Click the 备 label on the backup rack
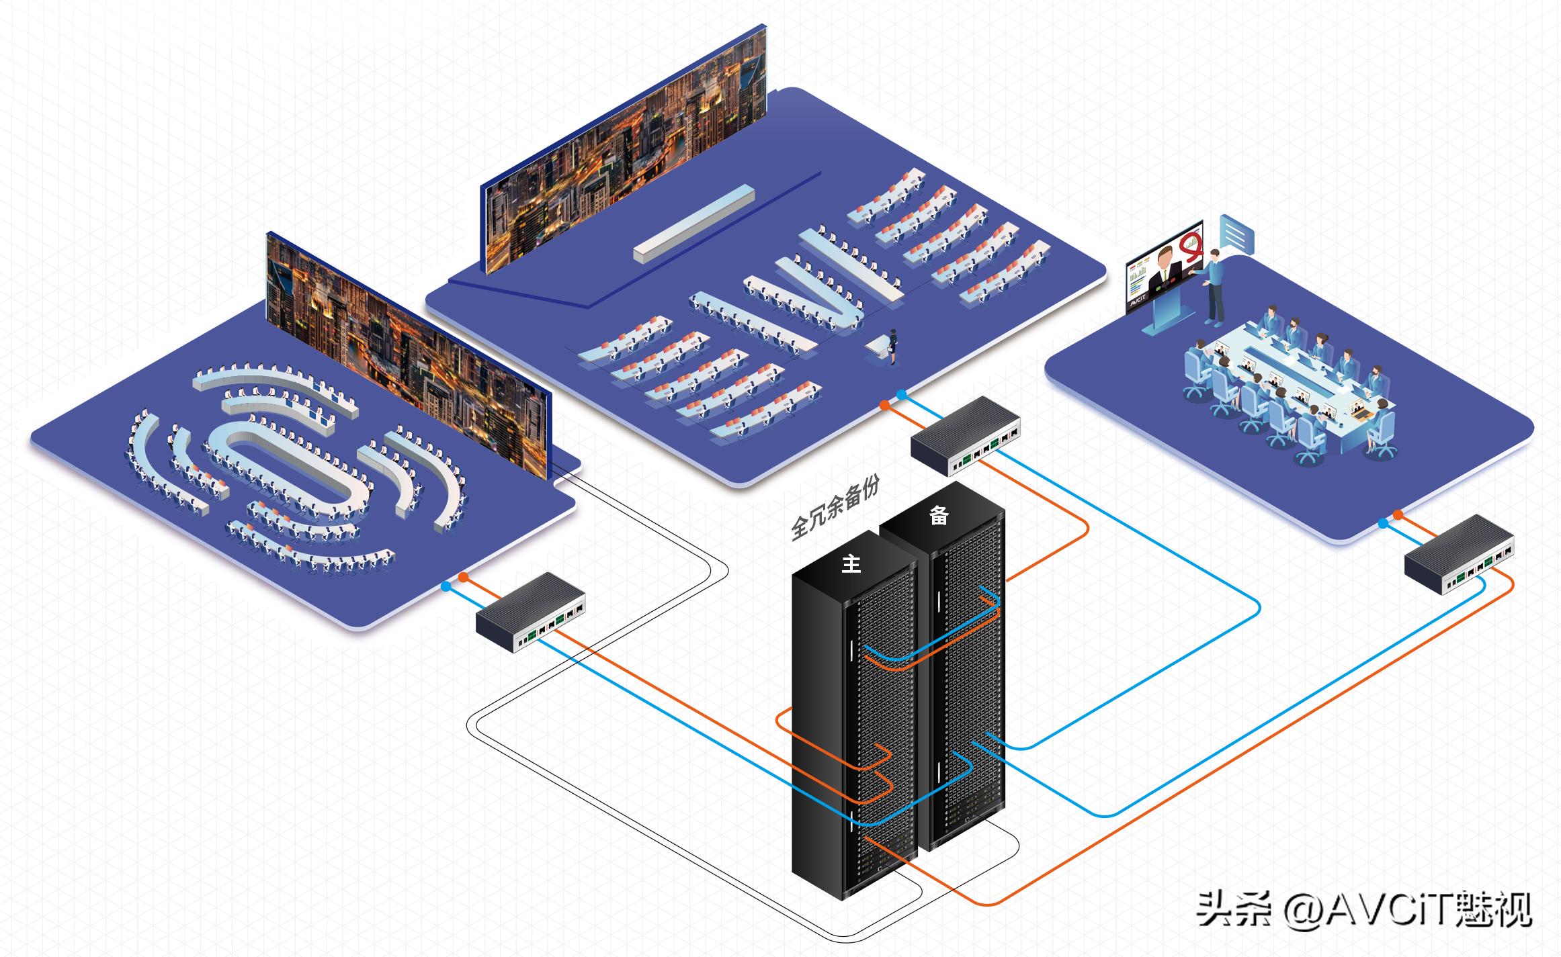pos(939,515)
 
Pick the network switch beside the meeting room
pos(1460,555)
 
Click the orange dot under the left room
pos(464,578)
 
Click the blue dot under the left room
pos(446,586)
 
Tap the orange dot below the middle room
pos(885,406)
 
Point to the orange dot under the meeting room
pos(1398,514)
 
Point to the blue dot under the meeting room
pos(1382,523)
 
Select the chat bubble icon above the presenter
pos(1237,234)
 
